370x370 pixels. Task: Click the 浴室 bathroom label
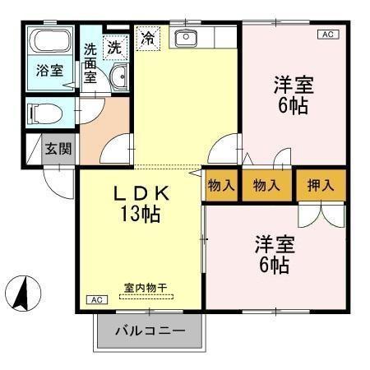[x=49, y=71]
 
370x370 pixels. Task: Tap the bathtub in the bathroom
[x=49, y=44]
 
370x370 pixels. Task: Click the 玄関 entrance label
[x=58, y=150]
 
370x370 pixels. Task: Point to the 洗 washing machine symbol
[x=115, y=47]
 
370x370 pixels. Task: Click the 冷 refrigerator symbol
[x=148, y=38]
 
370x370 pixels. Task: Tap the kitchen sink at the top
[x=187, y=37]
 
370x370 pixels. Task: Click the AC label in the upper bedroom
[x=326, y=35]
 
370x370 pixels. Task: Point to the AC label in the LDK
[x=95, y=299]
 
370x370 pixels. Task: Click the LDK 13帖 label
[x=141, y=204]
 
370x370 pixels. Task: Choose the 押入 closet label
[x=320, y=185]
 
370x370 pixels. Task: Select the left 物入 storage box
[x=221, y=185]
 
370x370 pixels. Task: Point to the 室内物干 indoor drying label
[x=146, y=288]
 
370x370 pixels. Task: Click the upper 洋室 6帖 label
[x=294, y=95]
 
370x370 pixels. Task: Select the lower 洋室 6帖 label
[x=273, y=254]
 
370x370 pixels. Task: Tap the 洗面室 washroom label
[x=90, y=62]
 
